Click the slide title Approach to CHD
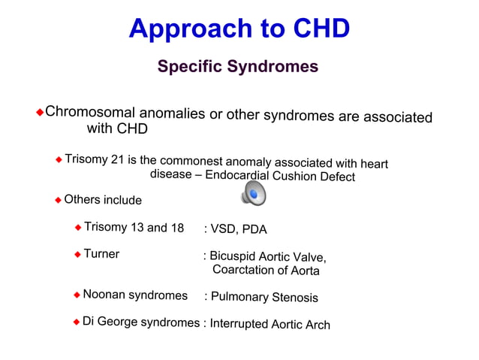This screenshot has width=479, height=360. (x=239, y=29)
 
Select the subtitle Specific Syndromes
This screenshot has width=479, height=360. (x=237, y=67)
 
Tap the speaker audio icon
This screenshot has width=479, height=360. (x=253, y=195)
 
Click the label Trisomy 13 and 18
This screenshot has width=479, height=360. (x=134, y=228)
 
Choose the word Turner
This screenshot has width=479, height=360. (x=101, y=254)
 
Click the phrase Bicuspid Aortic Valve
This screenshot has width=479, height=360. (x=267, y=256)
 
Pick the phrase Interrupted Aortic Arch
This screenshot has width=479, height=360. (x=270, y=324)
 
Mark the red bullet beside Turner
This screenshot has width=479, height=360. (x=77, y=255)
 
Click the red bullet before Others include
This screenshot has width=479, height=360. (x=58, y=200)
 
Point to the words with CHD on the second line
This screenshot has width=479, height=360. (x=117, y=129)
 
